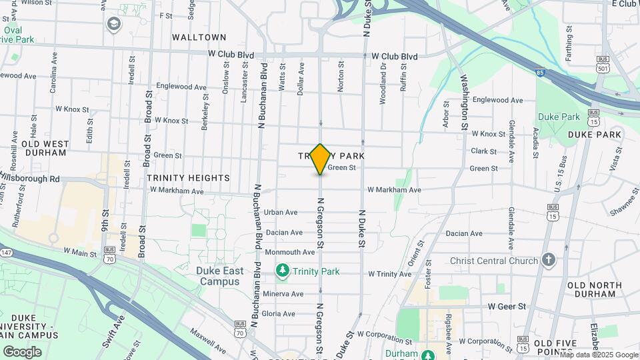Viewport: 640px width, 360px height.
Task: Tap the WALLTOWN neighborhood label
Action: coord(199,37)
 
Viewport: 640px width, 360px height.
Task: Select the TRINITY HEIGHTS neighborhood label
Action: coord(188,178)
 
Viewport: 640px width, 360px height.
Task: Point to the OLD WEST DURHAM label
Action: coord(44,148)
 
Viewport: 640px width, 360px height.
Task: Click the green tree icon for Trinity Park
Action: coord(283,271)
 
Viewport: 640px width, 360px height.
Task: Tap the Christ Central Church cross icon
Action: coord(549,260)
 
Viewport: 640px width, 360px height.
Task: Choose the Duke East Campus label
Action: coord(218,277)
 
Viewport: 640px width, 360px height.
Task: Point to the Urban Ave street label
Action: coord(280,212)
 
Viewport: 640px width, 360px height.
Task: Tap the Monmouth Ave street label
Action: coord(289,253)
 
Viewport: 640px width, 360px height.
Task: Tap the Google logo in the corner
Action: coord(22,351)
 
